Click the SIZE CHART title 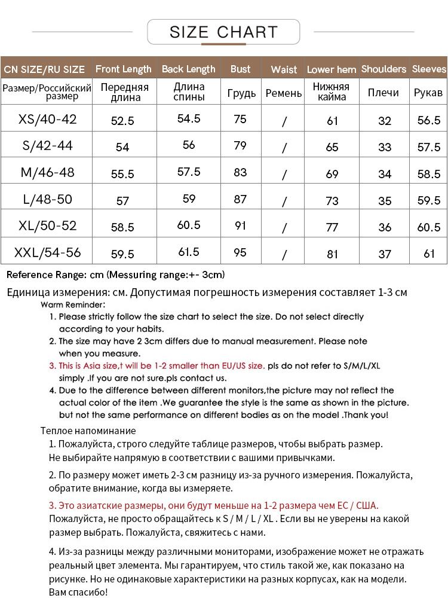(223, 32)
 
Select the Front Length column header (124, 69)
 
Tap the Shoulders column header (383, 69)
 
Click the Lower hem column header (332, 69)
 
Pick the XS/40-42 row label (48, 119)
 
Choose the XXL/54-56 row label (48, 252)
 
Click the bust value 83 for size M (240, 172)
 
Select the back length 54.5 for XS (189, 118)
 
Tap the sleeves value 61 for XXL (429, 254)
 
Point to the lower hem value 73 (333, 200)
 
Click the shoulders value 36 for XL (385, 227)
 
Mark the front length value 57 (122, 201)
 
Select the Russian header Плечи (383, 93)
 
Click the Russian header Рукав (428, 93)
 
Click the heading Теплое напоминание (88, 431)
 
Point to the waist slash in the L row (284, 201)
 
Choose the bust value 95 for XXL (240, 252)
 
